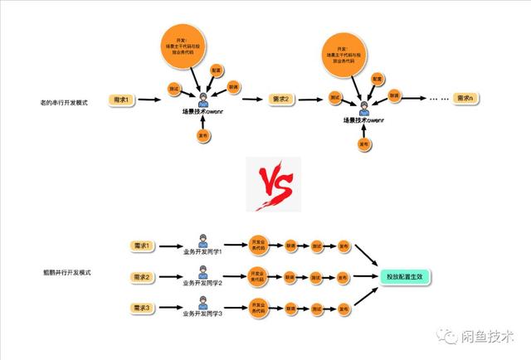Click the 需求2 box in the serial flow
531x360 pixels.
pyautogui.click(x=284, y=100)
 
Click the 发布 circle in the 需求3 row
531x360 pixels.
pyautogui.click(x=343, y=308)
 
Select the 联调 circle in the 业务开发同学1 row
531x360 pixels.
pyautogui.click(x=291, y=246)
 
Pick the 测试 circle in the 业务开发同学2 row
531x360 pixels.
pyautogui.click(x=317, y=276)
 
